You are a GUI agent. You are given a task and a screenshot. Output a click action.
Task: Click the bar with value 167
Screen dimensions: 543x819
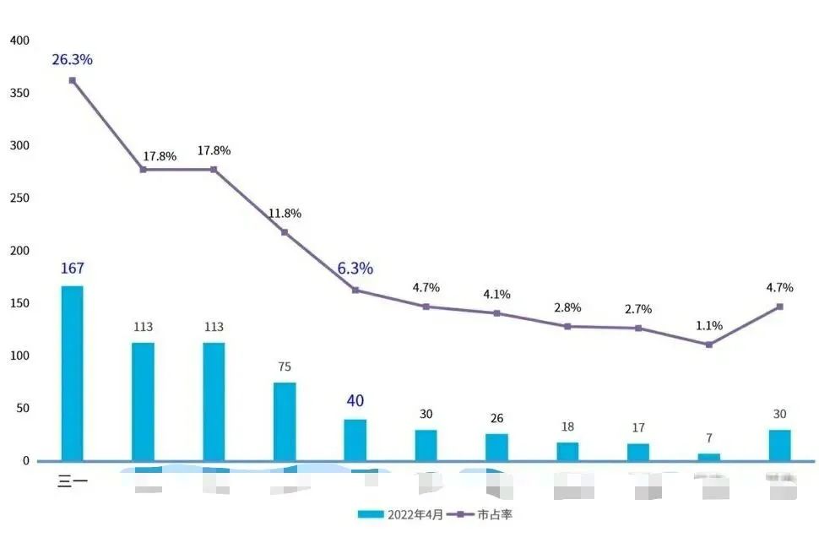point(72,373)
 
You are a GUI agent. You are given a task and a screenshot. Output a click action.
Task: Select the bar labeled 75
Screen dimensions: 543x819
point(285,421)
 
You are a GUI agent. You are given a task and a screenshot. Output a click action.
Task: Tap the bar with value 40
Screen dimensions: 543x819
point(355,440)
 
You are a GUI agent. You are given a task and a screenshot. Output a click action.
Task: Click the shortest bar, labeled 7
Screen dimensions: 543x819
point(709,457)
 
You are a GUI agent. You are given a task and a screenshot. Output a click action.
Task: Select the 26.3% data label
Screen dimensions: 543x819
point(72,60)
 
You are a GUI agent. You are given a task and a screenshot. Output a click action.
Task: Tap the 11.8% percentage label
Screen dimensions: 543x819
point(285,214)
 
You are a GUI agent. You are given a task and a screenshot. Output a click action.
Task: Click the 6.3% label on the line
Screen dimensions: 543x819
point(355,269)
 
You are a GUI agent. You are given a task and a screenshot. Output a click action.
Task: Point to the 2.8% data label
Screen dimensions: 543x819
point(567,307)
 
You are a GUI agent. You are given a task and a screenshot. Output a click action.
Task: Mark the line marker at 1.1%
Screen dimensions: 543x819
point(709,345)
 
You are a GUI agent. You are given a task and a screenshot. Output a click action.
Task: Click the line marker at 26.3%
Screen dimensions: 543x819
point(72,80)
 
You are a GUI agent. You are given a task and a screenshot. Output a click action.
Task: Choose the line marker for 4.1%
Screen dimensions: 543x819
point(496,313)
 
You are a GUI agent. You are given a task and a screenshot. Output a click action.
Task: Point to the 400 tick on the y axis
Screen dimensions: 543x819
point(19,41)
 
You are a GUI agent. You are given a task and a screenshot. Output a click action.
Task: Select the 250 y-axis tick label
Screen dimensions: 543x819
point(19,198)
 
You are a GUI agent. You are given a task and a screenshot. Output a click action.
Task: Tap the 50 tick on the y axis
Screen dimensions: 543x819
point(21,409)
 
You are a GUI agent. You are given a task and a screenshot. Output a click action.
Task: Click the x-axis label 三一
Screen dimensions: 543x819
point(72,483)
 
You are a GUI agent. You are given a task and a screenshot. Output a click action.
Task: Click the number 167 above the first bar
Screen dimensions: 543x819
point(72,269)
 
